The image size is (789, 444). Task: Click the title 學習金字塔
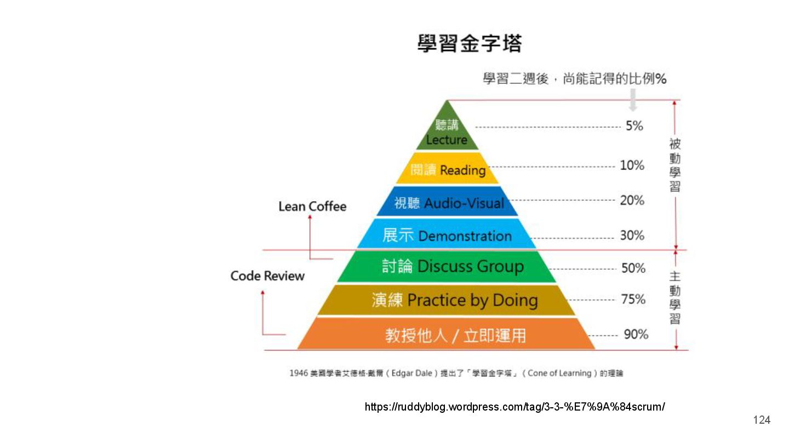[470, 43]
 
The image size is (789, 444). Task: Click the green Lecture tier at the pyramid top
[447, 132]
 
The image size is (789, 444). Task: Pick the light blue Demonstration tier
[447, 236]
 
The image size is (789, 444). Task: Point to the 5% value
[634, 126]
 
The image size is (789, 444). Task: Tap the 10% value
[632, 165]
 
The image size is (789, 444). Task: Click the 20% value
[632, 201]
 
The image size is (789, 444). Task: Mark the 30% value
[632, 236]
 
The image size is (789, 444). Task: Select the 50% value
[633, 268]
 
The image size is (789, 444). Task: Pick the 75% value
[633, 299]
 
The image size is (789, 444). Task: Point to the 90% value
[636, 334]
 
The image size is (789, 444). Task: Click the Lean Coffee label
[312, 207]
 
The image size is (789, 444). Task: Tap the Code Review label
[267, 276]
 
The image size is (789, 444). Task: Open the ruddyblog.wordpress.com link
[514, 407]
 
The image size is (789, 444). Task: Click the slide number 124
[762, 420]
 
